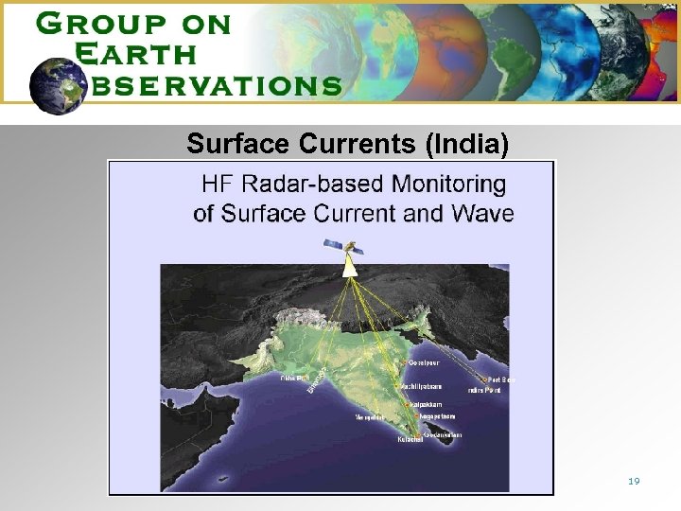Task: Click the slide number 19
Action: pos(634,482)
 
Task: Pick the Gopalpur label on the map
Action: pos(426,362)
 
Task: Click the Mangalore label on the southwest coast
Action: pos(369,416)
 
